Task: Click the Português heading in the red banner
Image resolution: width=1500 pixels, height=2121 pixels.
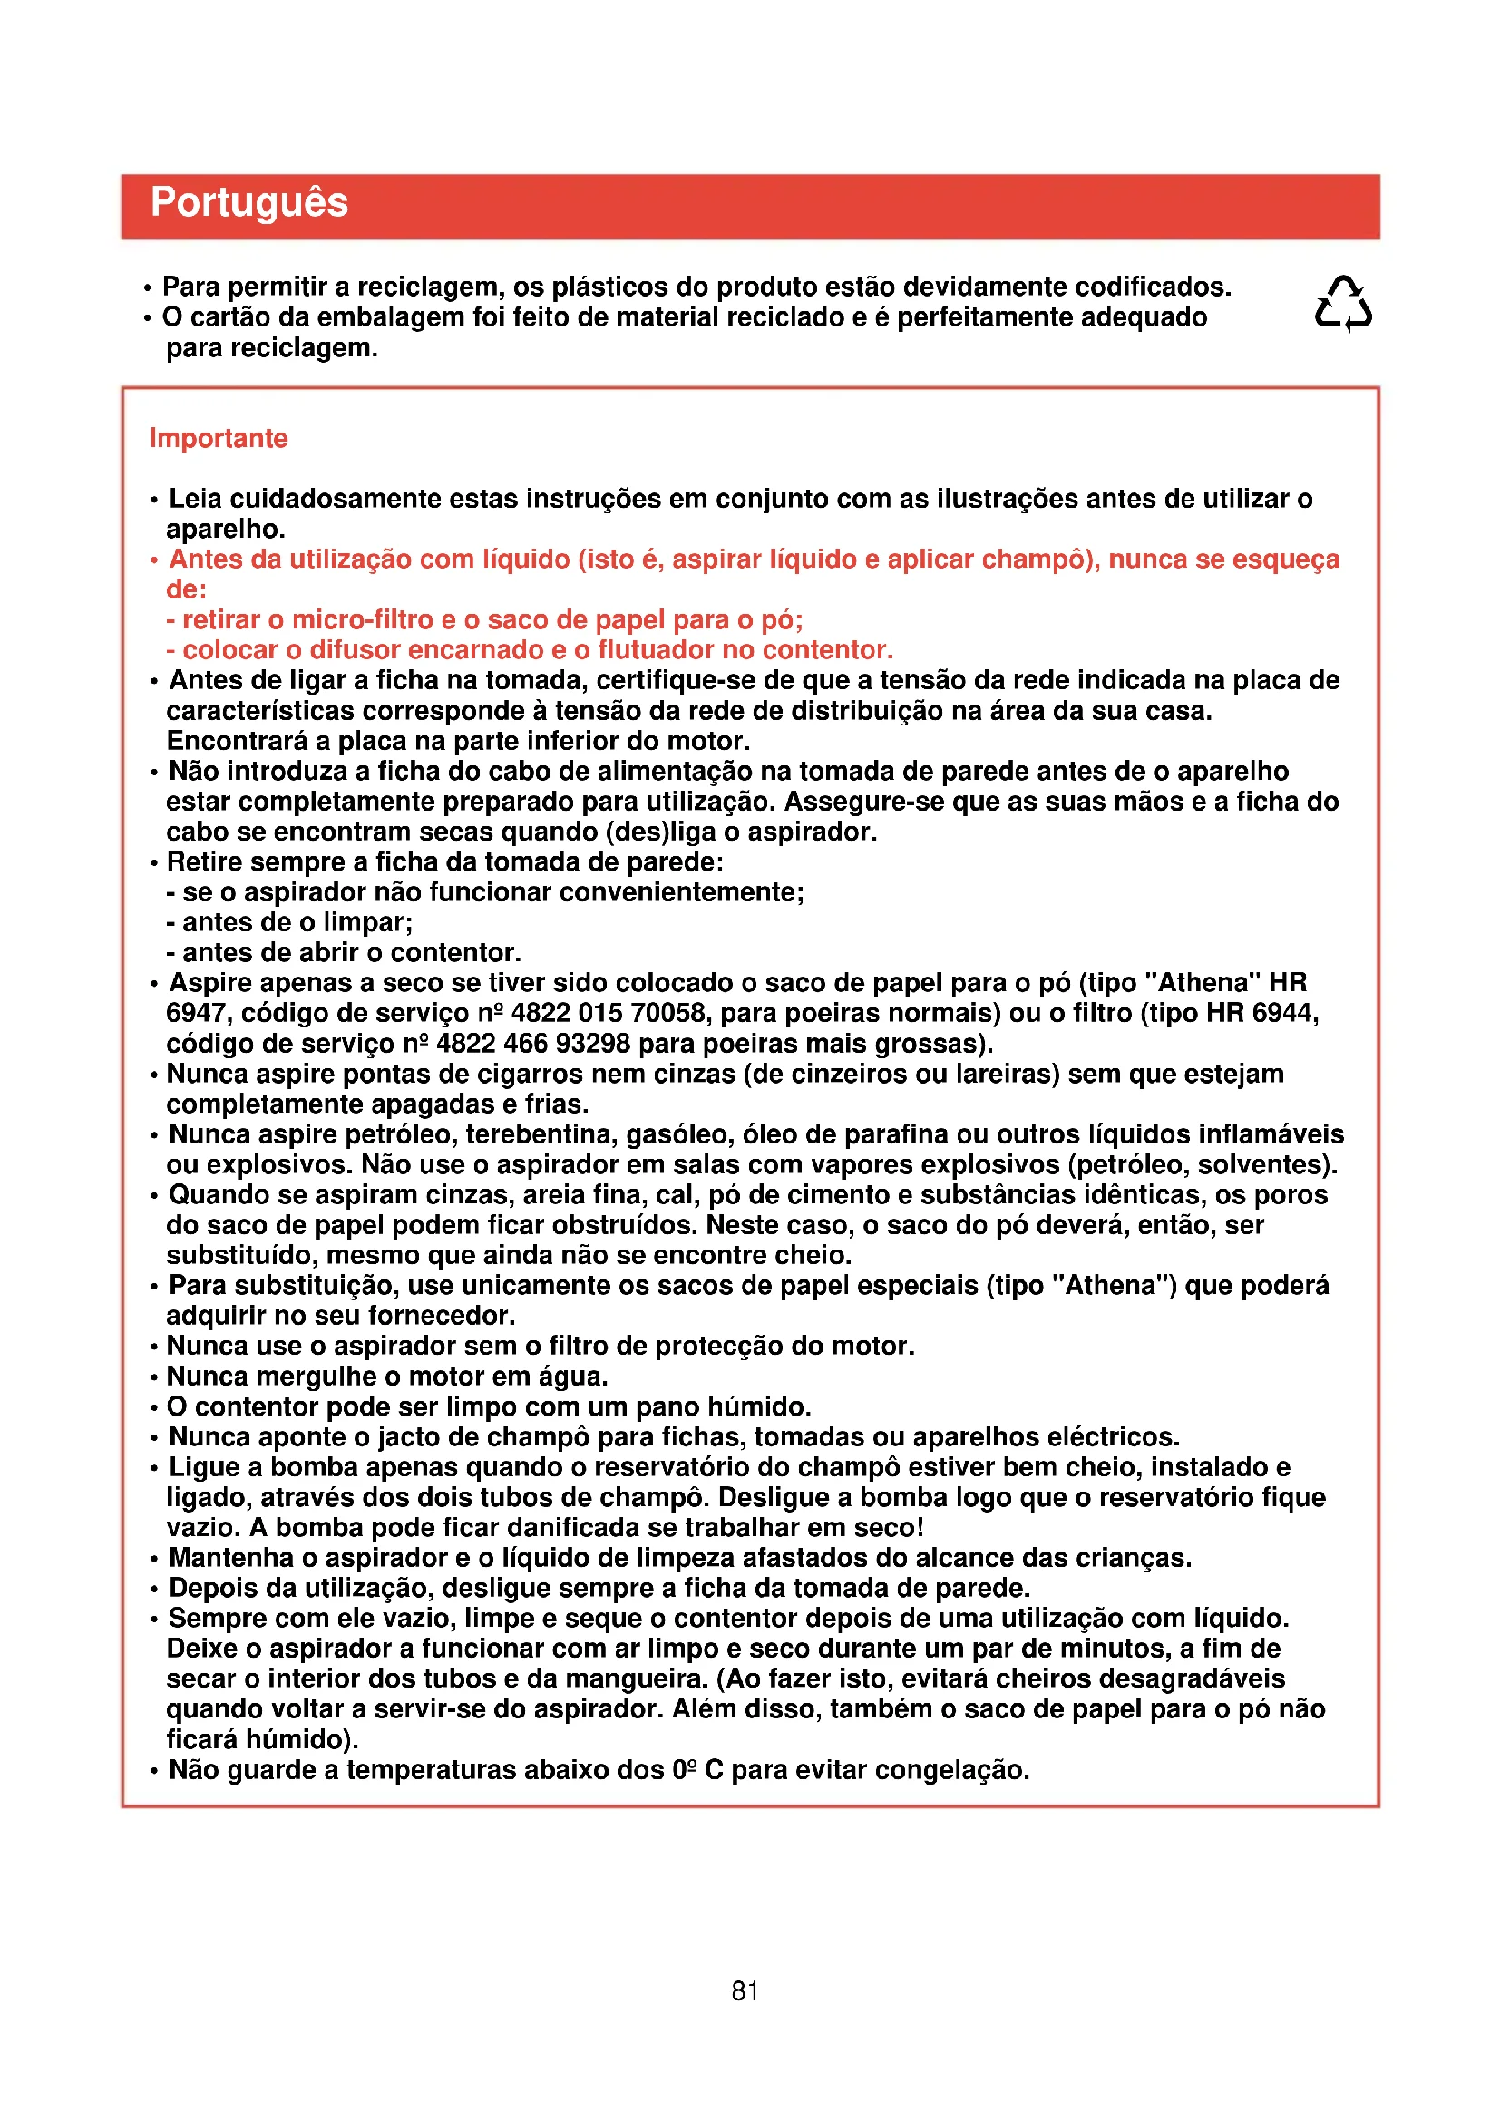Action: (x=248, y=202)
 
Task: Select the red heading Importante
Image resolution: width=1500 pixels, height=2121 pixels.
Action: (x=219, y=438)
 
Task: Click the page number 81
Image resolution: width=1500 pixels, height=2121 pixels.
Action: (x=745, y=1990)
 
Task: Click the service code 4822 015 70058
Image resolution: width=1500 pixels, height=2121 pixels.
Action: (x=608, y=1014)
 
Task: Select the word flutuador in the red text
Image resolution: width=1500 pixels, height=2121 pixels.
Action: (x=655, y=650)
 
